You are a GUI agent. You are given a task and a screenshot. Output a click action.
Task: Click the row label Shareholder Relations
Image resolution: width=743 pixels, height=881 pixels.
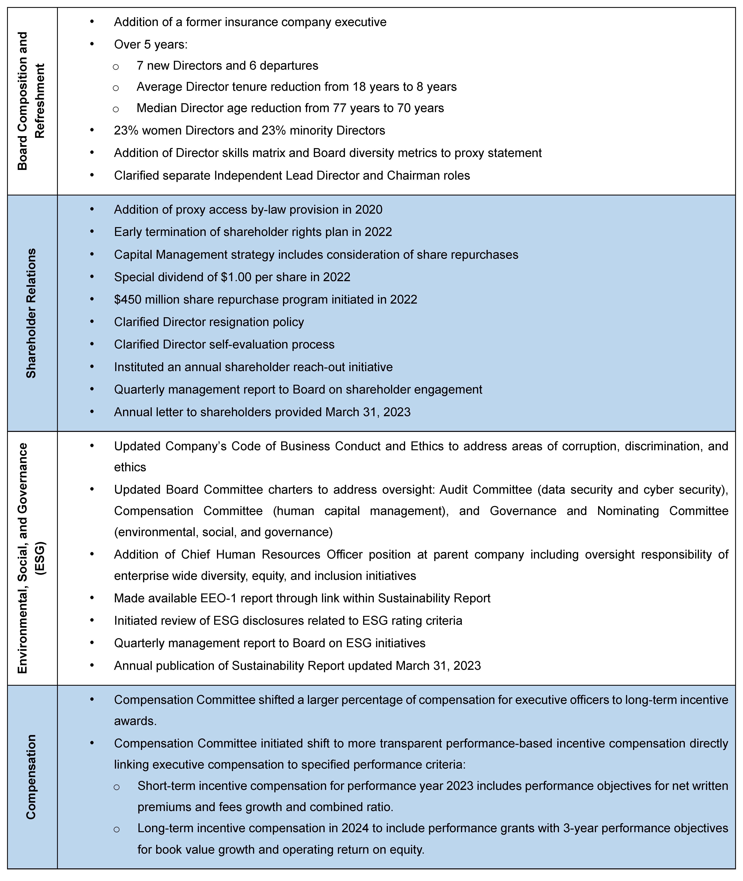(x=32, y=313)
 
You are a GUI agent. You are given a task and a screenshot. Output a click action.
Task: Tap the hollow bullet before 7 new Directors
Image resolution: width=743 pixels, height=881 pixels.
(x=116, y=67)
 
